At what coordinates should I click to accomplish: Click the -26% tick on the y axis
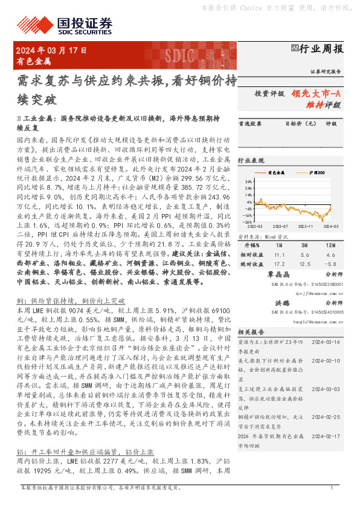tap(248, 222)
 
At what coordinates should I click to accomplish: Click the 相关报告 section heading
tap(249, 332)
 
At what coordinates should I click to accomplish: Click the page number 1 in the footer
tap(332, 504)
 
